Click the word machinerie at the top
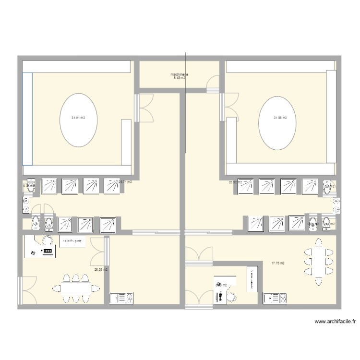(x=179, y=74)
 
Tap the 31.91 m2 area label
(x=79, y=118)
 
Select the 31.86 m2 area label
(x=280, y=118)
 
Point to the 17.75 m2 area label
(x=278, y=263)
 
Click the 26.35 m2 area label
(x=101, y=270)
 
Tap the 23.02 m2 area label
(x=235, y=182)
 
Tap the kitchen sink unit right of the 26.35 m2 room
(x=122, y=299)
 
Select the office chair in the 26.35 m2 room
(x=48, y=240)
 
